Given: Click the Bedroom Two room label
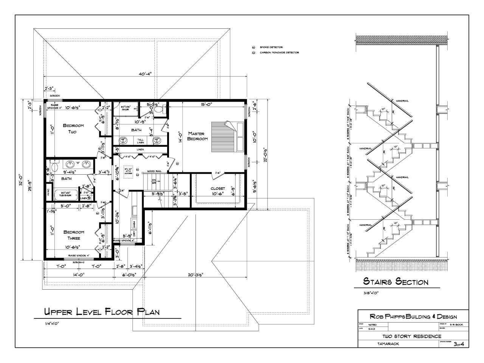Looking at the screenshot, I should point(73,129).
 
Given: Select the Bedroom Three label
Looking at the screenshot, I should point(73,235).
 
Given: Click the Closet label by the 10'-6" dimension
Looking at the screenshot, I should point(217,188).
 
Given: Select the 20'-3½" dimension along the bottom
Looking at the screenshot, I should point(195,275).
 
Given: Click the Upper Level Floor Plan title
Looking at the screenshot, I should point(102,312).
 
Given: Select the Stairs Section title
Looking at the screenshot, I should point(396,282).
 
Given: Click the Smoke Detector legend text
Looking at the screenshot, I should point(271,47).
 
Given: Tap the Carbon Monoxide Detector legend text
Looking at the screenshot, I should point(279,53).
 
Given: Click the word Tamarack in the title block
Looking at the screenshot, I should point(388,344).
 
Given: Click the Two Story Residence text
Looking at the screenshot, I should point(412,336).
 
